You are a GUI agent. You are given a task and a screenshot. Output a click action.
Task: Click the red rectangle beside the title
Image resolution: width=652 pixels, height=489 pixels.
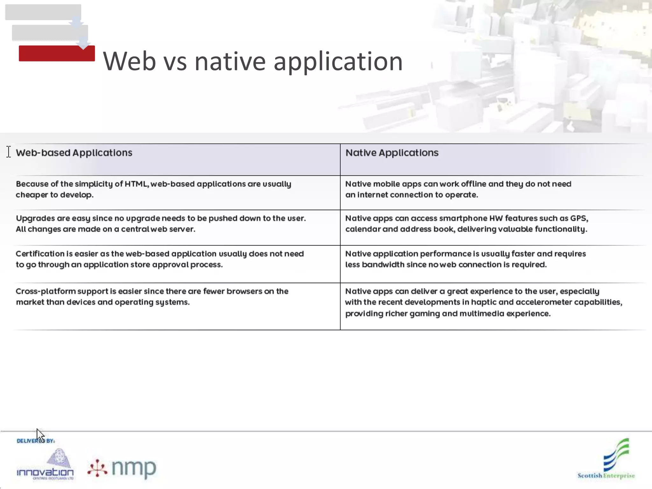[x=57, y=53]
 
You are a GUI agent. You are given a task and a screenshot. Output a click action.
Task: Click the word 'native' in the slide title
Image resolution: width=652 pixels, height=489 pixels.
[x=230, y=61]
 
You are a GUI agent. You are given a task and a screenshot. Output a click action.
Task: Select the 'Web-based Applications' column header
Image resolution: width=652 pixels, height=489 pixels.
[x=74, y=153]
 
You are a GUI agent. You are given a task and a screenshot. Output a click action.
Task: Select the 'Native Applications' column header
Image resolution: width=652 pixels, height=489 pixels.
[x=392, y=153]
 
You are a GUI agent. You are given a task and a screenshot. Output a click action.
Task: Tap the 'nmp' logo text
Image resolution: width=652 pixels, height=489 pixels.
[x=134, y=468]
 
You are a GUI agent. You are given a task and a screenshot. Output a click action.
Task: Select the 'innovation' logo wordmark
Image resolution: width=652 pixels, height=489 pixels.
[x=45, y=472]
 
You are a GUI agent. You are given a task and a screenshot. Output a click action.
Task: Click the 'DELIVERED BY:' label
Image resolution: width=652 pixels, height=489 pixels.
[x=36, y=441]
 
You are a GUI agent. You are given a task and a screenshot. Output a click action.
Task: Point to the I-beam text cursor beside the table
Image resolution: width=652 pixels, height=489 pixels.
[x=9, y=152]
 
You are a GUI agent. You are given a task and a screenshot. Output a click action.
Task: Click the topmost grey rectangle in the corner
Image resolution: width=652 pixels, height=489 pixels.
[x=43, y=12]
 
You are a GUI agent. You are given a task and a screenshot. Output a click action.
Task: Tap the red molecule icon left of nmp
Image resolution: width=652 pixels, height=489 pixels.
[x=97, y=468]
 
